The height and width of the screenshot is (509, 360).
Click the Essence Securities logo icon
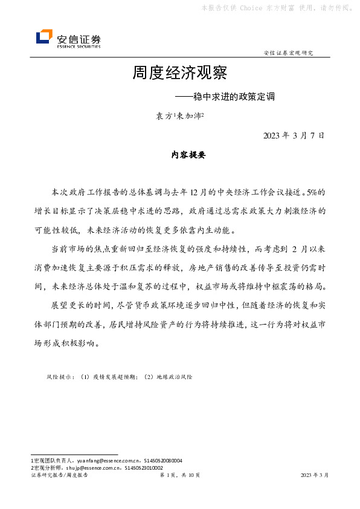[44, 37]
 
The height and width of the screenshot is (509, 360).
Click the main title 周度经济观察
[180, 74]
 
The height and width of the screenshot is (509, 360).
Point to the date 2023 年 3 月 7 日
[294, 135]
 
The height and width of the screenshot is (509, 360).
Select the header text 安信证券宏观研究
[289, 53]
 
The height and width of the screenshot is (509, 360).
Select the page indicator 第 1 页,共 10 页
[180, 476]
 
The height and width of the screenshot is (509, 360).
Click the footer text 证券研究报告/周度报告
[59, 476]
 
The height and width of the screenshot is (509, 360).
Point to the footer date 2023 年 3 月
[315, 476]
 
